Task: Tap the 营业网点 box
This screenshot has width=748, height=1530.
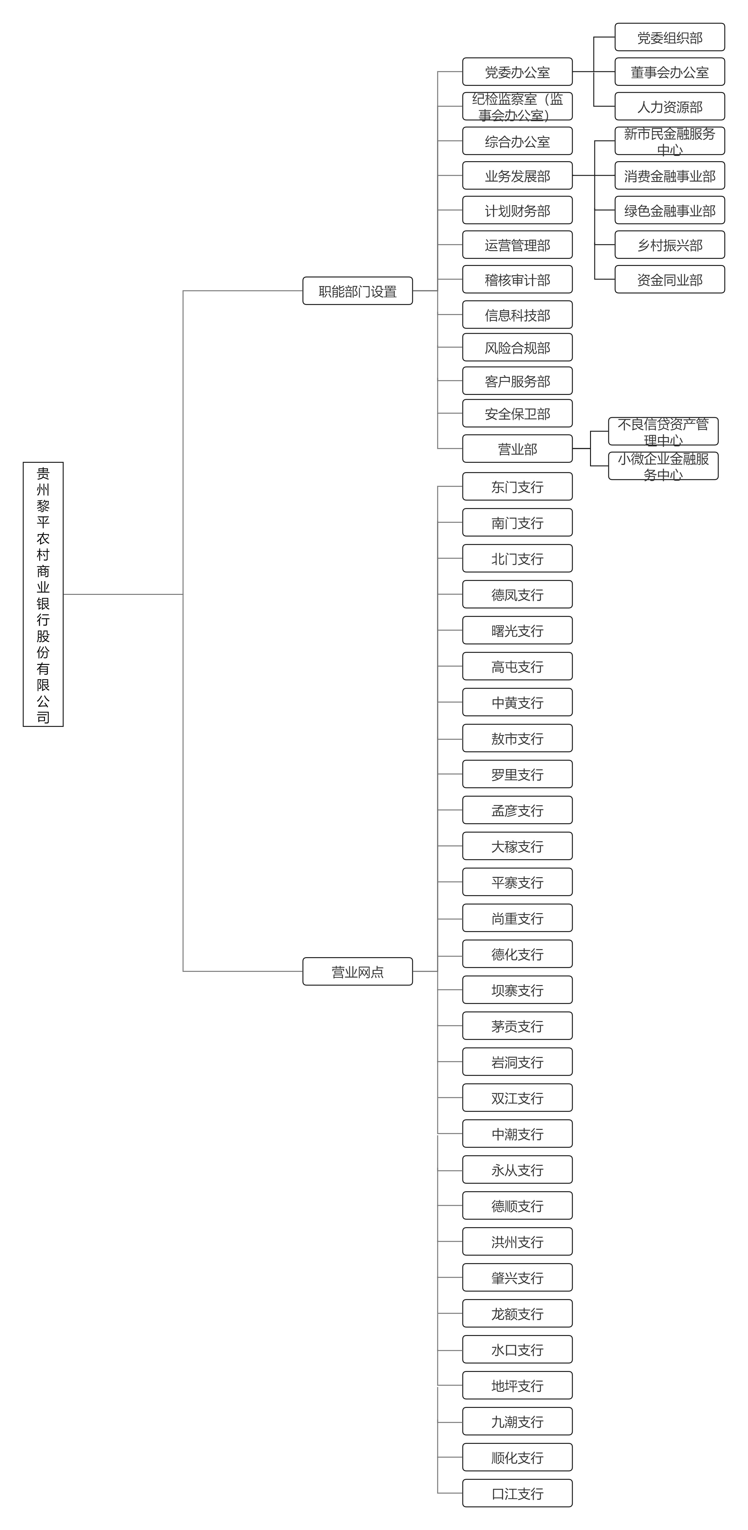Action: (x=357, y=971)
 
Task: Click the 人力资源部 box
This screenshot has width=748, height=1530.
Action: (x=670, y=106)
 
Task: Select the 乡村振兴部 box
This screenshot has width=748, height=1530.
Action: (x=670, y=245)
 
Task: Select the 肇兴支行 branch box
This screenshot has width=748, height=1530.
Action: (x=517, y=1278)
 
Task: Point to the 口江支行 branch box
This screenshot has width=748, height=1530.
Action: (x=517, y=1493)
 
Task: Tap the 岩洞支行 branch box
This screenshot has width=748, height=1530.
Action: (x=517, y=1062)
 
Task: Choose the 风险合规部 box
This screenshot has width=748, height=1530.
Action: (x=517, y=347)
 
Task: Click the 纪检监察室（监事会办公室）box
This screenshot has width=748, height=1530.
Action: (x=517, y=106)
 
